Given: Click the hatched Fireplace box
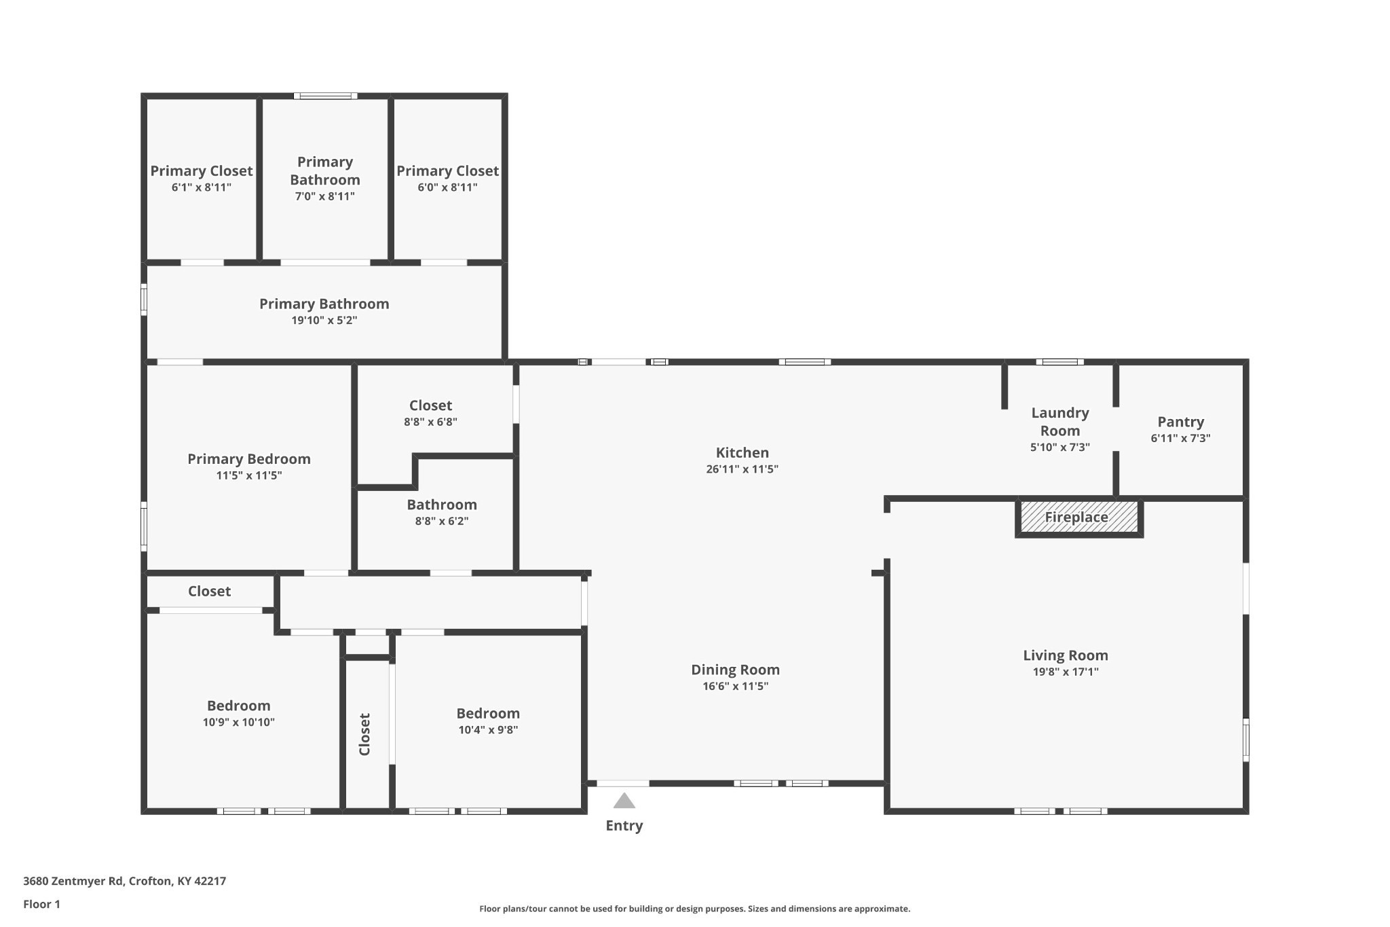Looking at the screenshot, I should click(1078, 517).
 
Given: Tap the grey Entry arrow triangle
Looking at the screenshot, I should click(624, 801).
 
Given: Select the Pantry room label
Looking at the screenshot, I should click(1180, 422).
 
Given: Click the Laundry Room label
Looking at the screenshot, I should click(1059, 422).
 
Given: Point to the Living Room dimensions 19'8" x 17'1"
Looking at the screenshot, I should click(1065, 672).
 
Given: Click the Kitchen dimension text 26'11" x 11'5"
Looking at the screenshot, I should click(742, 469).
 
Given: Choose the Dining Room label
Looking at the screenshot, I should click(735, 670).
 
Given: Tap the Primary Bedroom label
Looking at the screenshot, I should click(249, 459).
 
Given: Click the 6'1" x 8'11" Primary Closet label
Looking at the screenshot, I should click(201, 171).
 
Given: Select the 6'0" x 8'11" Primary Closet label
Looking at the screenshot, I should click(447, 171).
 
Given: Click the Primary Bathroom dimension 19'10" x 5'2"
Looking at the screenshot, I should click(324, 321).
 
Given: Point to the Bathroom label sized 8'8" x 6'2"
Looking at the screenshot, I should click(442, 505).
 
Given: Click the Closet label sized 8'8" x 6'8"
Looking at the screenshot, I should click(430, 405).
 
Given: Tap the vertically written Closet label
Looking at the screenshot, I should click(364, 733).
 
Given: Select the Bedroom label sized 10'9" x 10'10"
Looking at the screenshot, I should click(238, 706).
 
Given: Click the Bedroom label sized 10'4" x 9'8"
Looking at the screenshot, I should click(487, 713).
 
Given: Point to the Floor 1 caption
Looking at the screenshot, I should click(41, 904).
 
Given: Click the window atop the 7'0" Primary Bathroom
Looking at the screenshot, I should click(325, 96).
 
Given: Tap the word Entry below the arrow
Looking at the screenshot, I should click(624, 826).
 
